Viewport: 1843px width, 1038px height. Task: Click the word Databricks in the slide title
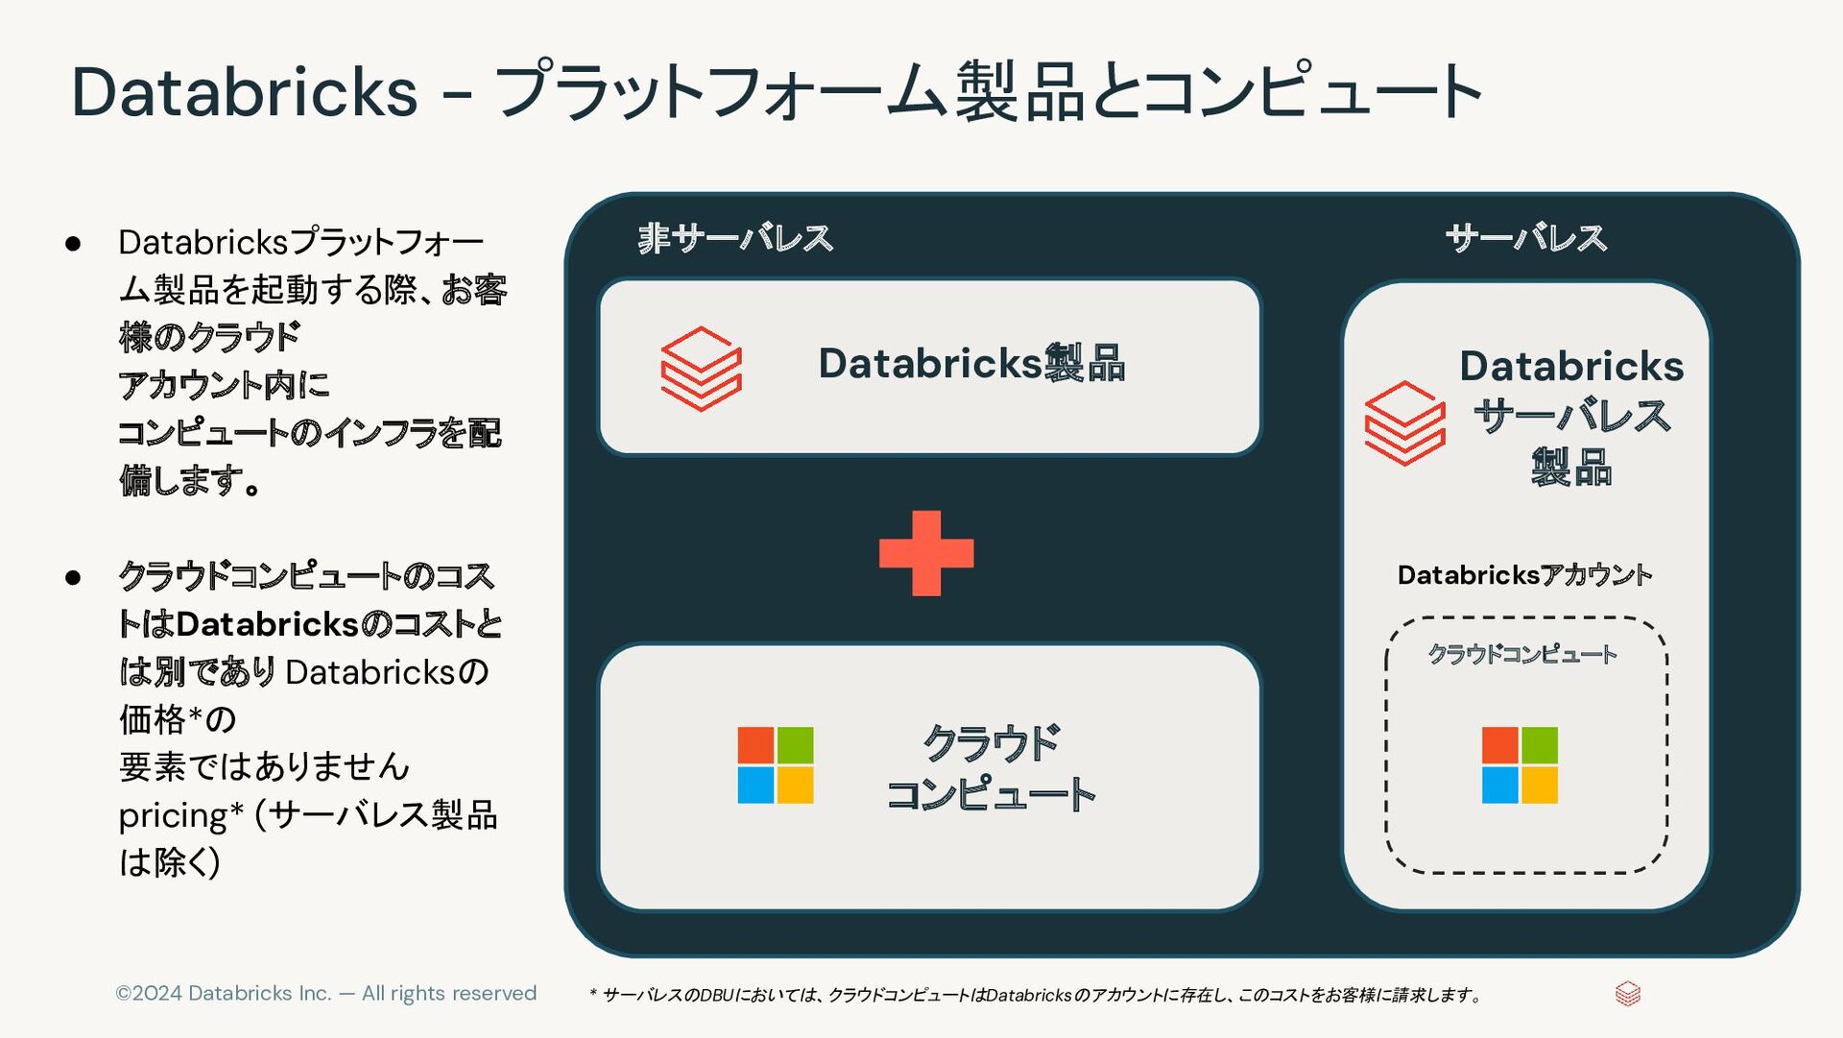245,92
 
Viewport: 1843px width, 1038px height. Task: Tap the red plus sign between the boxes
926,553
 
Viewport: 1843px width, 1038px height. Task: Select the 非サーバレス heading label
735,238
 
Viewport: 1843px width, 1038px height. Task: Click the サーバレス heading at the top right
1525,238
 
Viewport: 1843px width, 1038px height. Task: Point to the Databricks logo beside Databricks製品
702,369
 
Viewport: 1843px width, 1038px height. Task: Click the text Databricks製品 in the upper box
971,364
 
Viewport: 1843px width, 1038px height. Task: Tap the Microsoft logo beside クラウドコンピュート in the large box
776,765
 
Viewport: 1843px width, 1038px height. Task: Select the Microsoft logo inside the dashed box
1520,765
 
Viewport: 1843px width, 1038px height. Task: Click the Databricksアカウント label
1524,575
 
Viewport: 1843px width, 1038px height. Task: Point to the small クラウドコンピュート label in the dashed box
1522,654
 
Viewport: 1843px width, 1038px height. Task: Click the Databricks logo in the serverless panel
1405,423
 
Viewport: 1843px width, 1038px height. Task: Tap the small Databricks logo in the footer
1628,994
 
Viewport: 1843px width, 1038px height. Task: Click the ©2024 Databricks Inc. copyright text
325,993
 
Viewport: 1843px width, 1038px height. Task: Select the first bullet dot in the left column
73,244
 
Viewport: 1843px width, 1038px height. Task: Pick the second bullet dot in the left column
73,578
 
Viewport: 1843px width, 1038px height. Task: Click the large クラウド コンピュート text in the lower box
991,768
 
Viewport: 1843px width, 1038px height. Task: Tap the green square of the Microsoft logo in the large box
796,745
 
